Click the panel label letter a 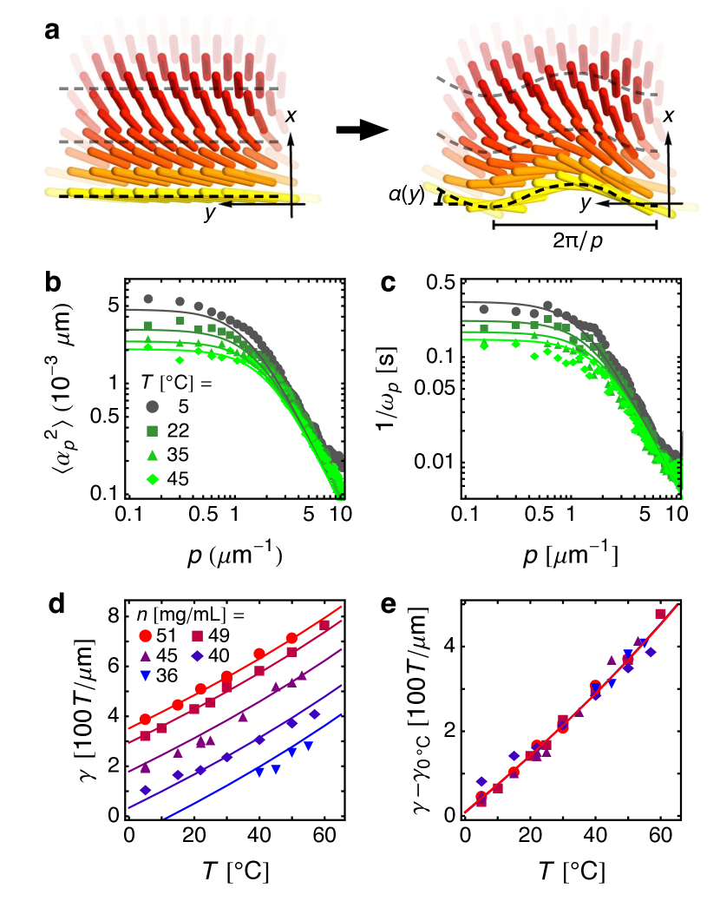coord(53,31)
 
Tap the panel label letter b coord(53,283)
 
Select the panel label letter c coord(389,283)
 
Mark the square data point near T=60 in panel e coord(660,615)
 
